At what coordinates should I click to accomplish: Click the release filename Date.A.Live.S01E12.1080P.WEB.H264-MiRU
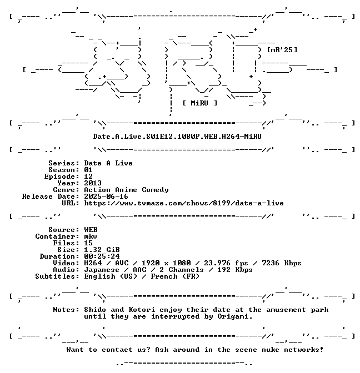coord(177,137)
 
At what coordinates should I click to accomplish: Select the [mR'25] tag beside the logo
coord(282,50)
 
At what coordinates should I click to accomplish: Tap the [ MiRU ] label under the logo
coord(200,103)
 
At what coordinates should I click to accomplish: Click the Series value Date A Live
coord(108,163)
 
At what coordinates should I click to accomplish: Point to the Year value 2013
coord(93,183)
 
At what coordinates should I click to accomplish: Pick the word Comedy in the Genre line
coord(155,190)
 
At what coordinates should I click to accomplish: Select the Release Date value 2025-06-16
coord(106,196)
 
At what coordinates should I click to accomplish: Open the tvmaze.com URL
coord(184,203)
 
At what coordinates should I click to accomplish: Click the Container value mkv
coord(91,236)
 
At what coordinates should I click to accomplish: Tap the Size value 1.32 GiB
coord(102,250)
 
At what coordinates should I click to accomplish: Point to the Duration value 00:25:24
coord(102,256)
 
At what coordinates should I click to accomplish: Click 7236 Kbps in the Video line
coord(282,263)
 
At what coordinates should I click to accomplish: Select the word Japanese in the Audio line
coord(102,270)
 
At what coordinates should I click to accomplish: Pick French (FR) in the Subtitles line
coord(175,276)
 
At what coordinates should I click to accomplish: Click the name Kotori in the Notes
coord(142,310)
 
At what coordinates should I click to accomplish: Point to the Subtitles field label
coord(57,276)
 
